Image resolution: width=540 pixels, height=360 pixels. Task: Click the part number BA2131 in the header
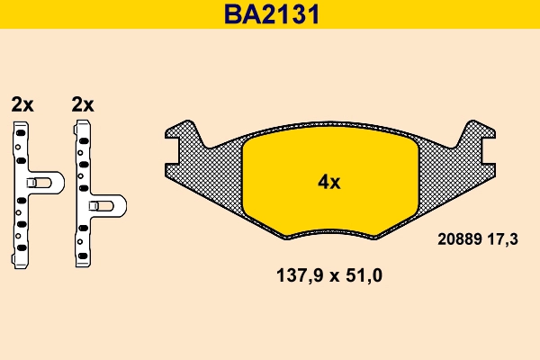270,14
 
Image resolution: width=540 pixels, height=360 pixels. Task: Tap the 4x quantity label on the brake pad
329,182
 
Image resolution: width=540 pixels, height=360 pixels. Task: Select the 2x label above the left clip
22,104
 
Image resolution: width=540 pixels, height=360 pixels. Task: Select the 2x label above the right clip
82,104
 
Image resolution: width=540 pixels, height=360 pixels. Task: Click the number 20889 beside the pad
460,240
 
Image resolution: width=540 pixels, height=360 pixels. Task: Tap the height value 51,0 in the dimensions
364,276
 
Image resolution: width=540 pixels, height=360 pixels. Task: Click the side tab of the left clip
44,183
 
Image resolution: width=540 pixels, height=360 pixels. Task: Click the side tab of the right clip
107,206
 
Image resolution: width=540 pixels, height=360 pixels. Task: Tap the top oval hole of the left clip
19,132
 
